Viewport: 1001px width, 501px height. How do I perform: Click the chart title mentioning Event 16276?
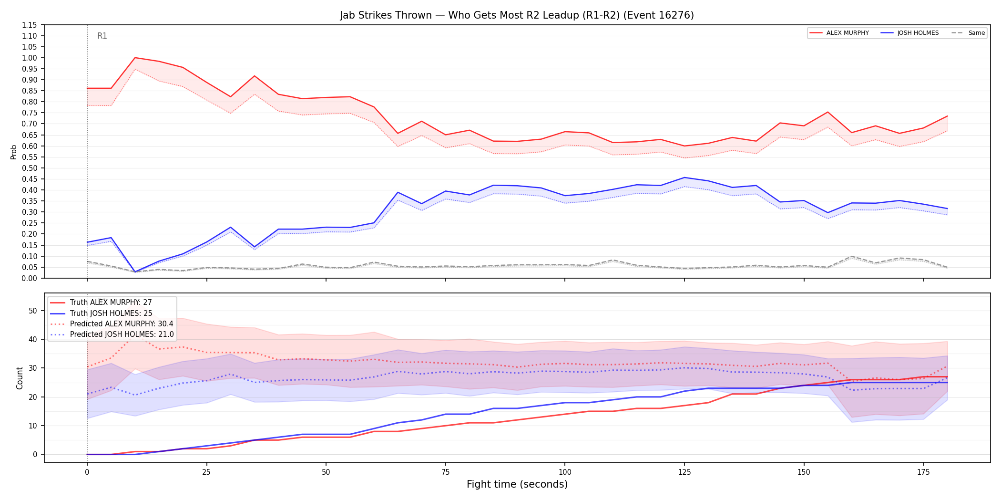pos(517,15)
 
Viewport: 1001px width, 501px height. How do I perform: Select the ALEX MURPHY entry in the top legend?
pos(839,33)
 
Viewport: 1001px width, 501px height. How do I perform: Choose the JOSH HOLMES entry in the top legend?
pos(910,33)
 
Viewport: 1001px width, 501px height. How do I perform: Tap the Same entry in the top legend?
pos(968,33)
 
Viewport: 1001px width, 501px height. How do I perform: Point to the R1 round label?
pos(102,36)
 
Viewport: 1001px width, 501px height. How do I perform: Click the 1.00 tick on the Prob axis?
pos(30,58)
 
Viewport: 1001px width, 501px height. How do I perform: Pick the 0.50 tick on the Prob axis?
pos(30,168)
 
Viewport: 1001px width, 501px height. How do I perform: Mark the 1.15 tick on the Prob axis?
pos(30,25)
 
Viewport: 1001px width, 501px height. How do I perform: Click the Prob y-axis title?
pos(13,152)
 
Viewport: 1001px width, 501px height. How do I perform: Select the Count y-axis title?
pos(20,378)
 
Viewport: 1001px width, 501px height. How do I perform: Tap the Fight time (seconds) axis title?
pos(517,484)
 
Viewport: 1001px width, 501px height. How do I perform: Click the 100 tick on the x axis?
pos(565,472)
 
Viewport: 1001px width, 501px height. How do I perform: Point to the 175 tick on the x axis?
pos(923,472)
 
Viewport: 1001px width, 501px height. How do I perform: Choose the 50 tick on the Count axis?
pos(32,311)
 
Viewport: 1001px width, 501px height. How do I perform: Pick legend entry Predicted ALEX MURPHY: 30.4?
pos(112,324)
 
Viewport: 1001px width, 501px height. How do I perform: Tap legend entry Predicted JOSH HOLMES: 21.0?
pos(112,334)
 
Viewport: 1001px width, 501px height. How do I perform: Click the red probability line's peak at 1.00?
pos(135,58)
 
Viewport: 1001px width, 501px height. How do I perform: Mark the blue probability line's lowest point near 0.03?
pos(135,272)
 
